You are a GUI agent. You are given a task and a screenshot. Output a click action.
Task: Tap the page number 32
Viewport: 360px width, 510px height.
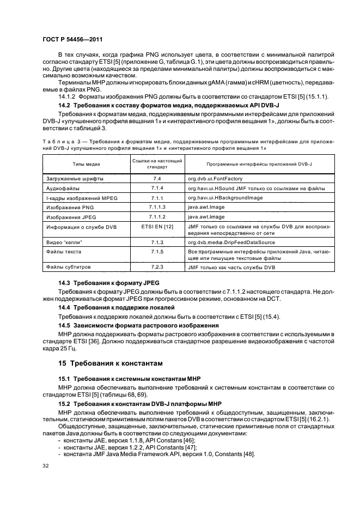(45, 465)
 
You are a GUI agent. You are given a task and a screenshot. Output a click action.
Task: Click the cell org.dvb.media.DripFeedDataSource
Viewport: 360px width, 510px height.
(235, 242)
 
